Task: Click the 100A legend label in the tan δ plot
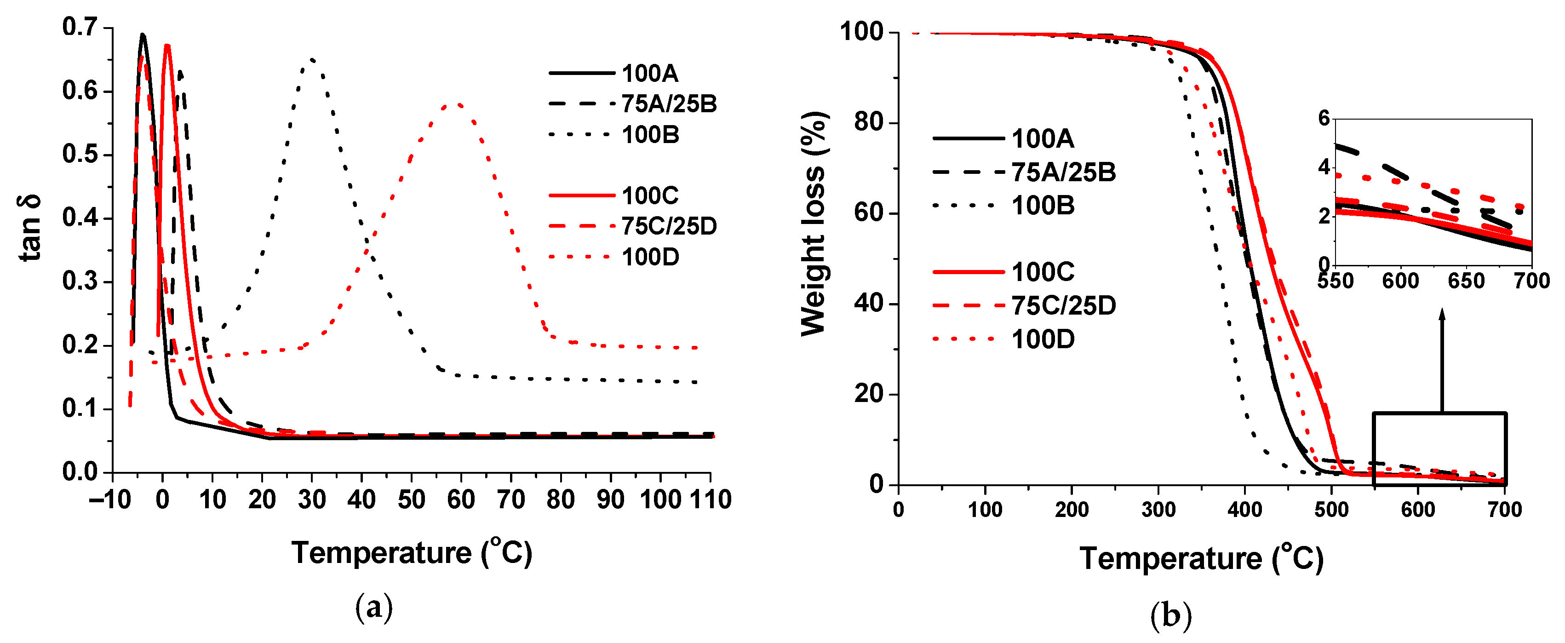[x=649, y=74]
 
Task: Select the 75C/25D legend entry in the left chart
[x=668, y=226]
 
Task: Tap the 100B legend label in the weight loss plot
[x=1043, y=206]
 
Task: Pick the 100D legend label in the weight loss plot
[x=1043, y=339]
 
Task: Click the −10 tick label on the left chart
[x=110, y=499]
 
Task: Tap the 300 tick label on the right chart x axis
[x=1158, y=509]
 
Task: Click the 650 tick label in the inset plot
[x=1466, y=281]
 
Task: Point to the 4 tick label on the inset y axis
[x=1324, y=166]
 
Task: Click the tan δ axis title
[x=30, y=228]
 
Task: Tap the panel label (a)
[x=373, y=607]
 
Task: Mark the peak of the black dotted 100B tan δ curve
[x=312, y=59]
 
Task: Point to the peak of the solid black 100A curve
[x=143, y=34]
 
